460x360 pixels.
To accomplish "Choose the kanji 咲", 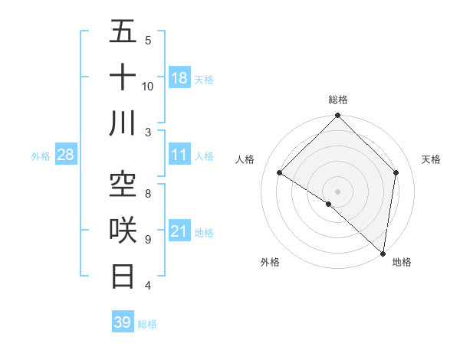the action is click(123, 230).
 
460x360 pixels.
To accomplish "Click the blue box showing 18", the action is click(179, 77).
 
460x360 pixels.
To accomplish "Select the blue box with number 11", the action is click(179, 155).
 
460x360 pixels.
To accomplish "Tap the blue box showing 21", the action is click(179, 232).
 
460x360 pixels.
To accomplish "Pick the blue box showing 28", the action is click(66, 155).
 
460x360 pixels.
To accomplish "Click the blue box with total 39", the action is click(123, 322).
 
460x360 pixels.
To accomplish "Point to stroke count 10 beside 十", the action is click(148, 86).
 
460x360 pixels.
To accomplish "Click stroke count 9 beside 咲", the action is click(148, 240).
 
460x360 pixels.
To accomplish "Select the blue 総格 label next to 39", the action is click(147, 323).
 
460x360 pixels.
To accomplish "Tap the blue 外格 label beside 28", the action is click(41, 156).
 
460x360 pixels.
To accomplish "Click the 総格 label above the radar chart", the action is click(338, 100).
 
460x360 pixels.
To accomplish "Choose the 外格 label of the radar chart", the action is click(270, 262).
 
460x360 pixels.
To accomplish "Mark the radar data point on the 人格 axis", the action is click(280, 173).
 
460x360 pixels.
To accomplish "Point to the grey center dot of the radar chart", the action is click(337, 191).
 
